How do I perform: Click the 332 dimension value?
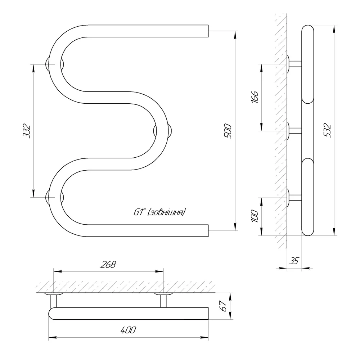[x=27, y=131]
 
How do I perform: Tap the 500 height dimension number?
[x=228, y=131]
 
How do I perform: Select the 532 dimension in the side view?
[x=327, y=130]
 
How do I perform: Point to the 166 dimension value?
[x=255, y=96]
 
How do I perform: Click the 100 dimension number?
[x=255, y=216]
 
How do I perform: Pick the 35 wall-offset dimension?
[x=294, y=261]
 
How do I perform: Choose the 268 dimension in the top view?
[x=108, y=265]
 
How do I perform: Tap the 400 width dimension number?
[x=128, y=330]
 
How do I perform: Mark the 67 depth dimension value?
[x=223, y=306]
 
